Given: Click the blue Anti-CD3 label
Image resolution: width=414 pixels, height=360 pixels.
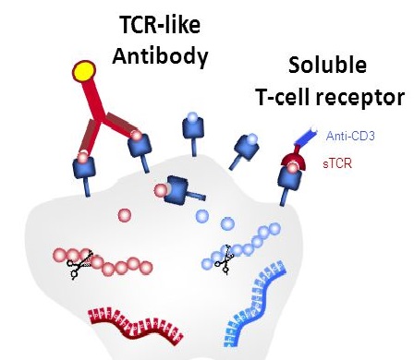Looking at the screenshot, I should (x=350, y=137).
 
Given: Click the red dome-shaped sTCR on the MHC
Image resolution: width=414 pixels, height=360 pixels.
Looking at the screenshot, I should (x=295, y=164).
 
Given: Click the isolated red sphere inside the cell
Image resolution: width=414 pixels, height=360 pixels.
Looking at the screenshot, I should (x=124, y=215).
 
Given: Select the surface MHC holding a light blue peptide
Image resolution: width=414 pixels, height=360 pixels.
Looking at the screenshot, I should (x=192, y=130).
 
